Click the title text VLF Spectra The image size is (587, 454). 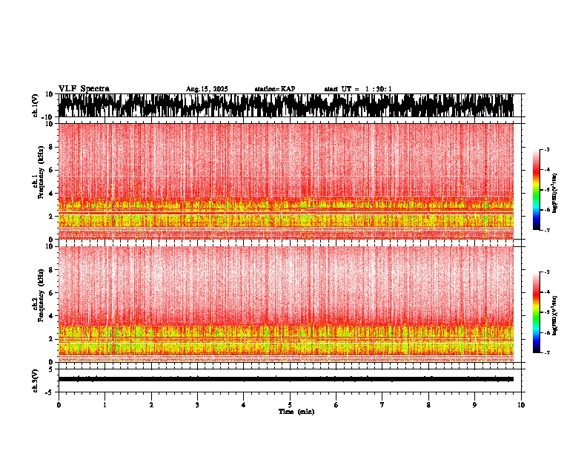point(84,89)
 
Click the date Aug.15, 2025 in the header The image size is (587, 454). point(207,89)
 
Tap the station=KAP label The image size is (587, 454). point(275,89)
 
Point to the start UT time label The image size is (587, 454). point(358,89)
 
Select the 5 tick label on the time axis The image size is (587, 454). point(290,405)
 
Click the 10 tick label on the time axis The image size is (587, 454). point(521,405)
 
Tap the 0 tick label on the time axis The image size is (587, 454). point(59,405)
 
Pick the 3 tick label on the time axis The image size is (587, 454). point(197,405)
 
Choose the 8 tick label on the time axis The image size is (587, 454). point(428,405)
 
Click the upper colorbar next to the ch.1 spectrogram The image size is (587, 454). point(537,190)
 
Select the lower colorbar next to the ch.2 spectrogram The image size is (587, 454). point(537,312)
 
